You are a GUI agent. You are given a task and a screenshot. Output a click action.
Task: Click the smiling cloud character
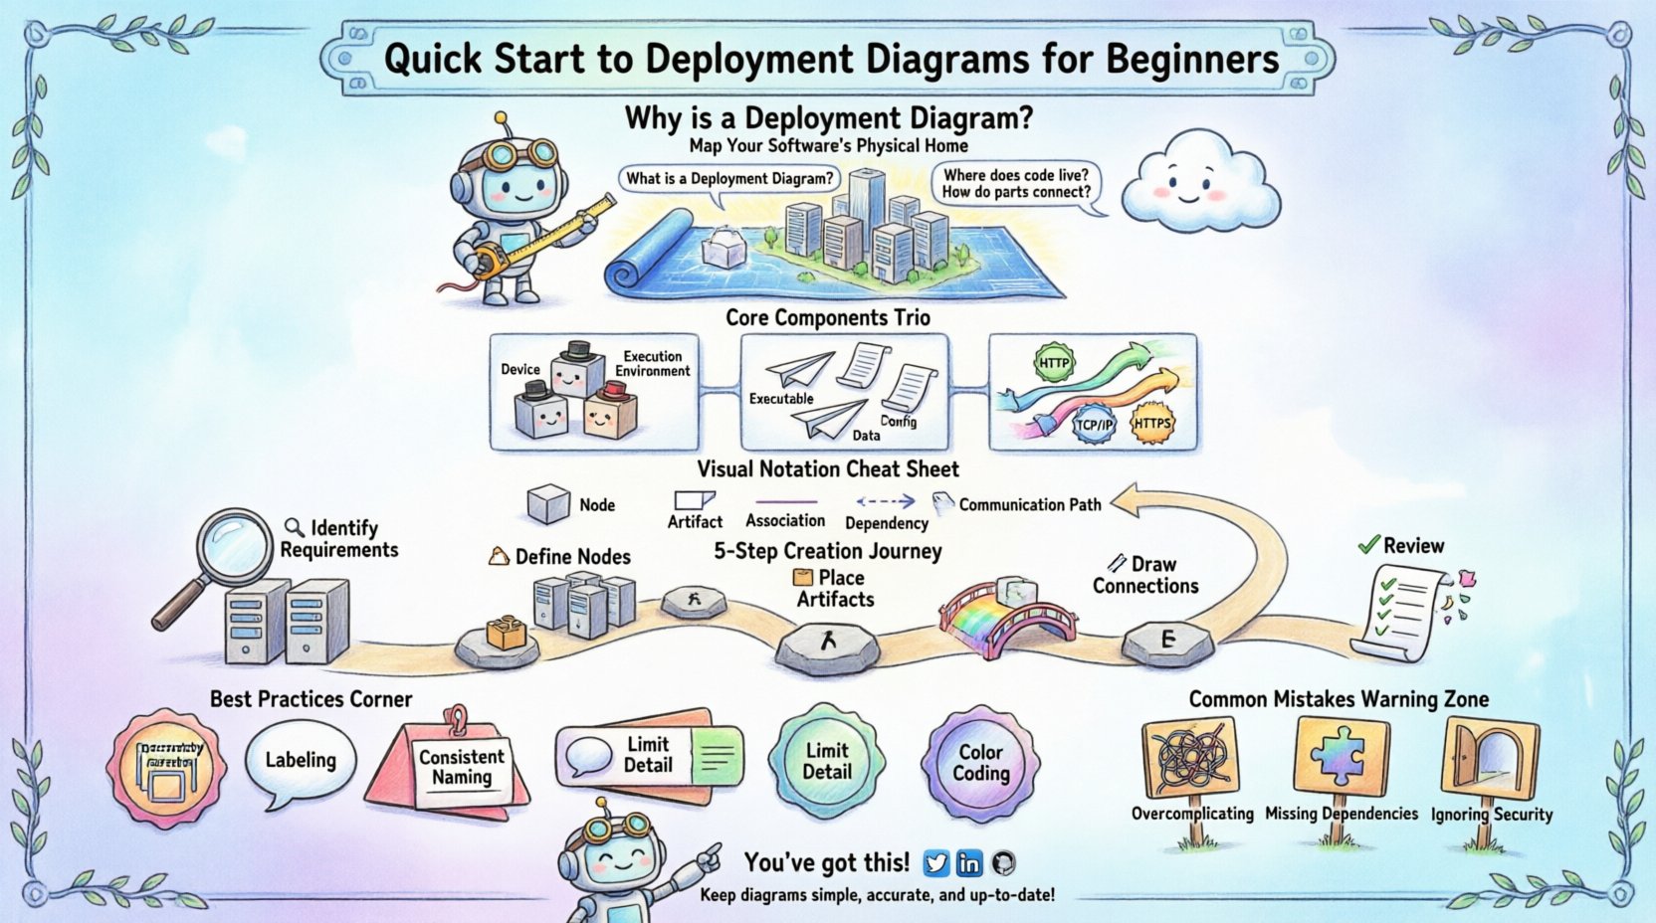tap(1199, 188)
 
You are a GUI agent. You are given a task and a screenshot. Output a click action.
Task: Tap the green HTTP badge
tap(1054, 362)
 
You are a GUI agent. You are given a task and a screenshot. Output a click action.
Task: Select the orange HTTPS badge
tap(1151, 424)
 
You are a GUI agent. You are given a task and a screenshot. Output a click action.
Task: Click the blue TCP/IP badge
tap(1094, 425)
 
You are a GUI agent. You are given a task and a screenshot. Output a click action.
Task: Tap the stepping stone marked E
tap(1167, 642)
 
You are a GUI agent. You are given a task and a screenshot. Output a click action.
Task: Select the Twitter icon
tap(935, 862)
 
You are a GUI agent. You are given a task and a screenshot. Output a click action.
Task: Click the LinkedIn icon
tap(968, 862)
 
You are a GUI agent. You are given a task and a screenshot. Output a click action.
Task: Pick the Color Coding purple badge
tap(981, 763)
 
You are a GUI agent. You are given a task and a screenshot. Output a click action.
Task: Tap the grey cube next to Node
tap(547, 504)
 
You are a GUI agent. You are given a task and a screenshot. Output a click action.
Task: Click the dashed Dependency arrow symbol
tap(885, 501)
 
